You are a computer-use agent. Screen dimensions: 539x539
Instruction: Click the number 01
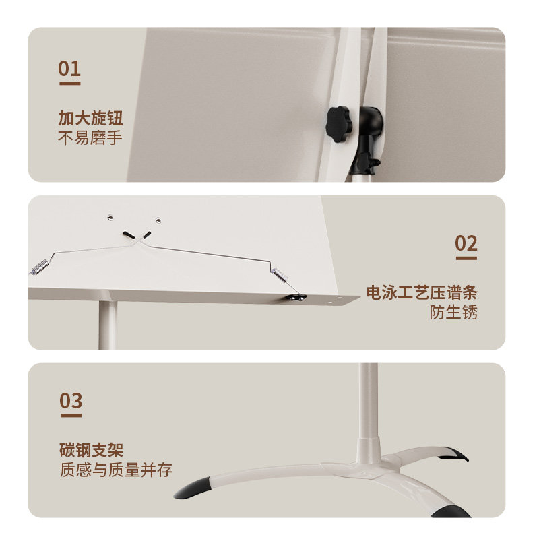69,69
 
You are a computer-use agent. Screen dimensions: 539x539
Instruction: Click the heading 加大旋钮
90,119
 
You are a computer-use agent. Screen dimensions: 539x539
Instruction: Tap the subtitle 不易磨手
90,139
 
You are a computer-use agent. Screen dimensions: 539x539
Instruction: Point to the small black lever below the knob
367,161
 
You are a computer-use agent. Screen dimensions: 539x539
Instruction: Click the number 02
466,243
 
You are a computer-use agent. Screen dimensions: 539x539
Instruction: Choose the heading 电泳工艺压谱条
422,293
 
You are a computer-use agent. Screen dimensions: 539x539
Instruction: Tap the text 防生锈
453,313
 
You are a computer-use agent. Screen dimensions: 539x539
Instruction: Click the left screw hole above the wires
108,217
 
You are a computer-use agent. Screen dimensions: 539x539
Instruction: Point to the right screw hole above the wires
158,220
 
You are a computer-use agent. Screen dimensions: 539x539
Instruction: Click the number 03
70,401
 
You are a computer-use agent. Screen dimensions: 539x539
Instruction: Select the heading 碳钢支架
90,450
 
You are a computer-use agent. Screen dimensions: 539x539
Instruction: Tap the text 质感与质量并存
115,470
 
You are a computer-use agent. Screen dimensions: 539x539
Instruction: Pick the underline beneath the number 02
466,259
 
